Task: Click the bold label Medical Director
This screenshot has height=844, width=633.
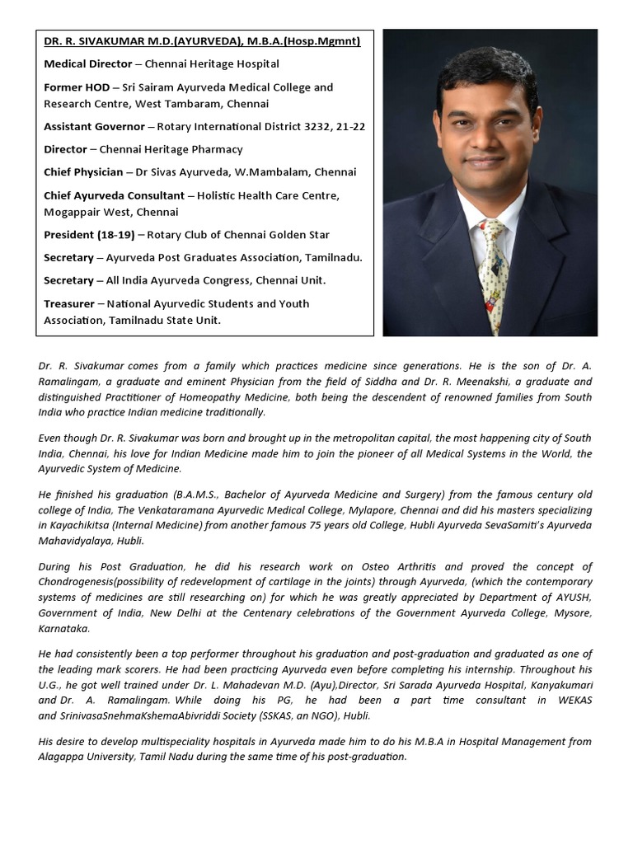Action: click(88, 63)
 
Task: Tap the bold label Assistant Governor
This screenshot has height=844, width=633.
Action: click(94, 126)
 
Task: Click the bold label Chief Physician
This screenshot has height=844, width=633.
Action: click(82, 172)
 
